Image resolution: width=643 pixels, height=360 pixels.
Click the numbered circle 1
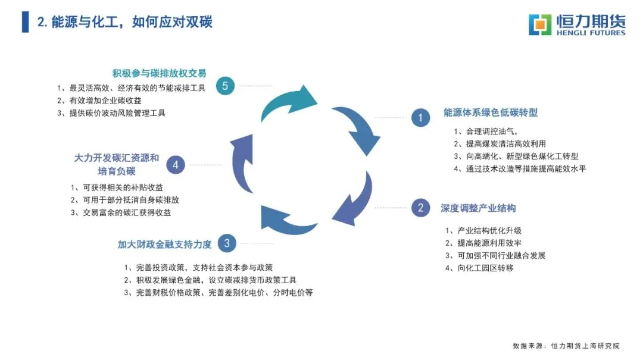(x=420, y=118)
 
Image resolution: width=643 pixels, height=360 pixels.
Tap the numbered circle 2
(x=420, y=208)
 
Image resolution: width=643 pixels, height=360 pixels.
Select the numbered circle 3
(x=227, y=243)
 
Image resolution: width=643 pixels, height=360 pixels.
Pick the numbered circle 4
(x=175, y=164)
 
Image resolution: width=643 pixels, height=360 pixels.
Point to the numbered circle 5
(x=225, y=86)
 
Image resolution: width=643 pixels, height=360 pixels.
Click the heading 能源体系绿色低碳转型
(x=491, y=112)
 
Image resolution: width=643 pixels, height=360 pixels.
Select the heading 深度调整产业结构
(x=478, y=208)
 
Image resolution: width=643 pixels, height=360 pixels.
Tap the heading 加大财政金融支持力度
(x=164, y=244)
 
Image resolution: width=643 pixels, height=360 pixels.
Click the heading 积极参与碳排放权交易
(x=159, y=73)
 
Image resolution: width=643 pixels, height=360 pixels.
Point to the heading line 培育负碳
(x=117, y=171)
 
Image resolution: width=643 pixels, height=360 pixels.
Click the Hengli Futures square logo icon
(x=541, y=24)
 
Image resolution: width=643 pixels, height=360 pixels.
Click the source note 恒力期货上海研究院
(x=585, y=345)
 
